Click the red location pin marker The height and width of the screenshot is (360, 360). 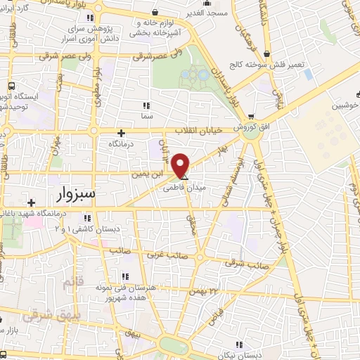click(181, 165)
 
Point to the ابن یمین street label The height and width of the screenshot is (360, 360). click(148, 171)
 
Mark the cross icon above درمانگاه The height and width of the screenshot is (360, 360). click(121, 132)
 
